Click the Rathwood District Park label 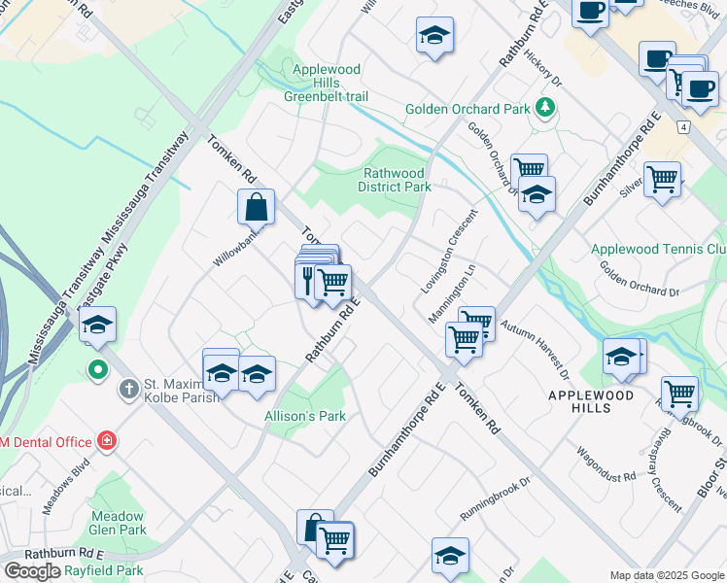click(x=394, y=180)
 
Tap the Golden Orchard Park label click(x=467, y=109)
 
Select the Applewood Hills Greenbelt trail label click(x=327, y=83)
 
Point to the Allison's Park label click(x=305, y=416)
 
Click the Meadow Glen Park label click(x=119, y=523)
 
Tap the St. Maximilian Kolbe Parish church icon click(x=128, y=390)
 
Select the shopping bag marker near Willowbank click(x=256, y=206)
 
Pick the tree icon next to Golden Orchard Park click(x=547, y=108)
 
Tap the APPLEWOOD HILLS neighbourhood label click(x=591, y=401)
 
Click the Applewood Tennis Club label click(x=658, y=250)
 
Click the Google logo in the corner click(x=33, y=571)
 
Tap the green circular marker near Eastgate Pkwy click(x=97, y=369)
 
